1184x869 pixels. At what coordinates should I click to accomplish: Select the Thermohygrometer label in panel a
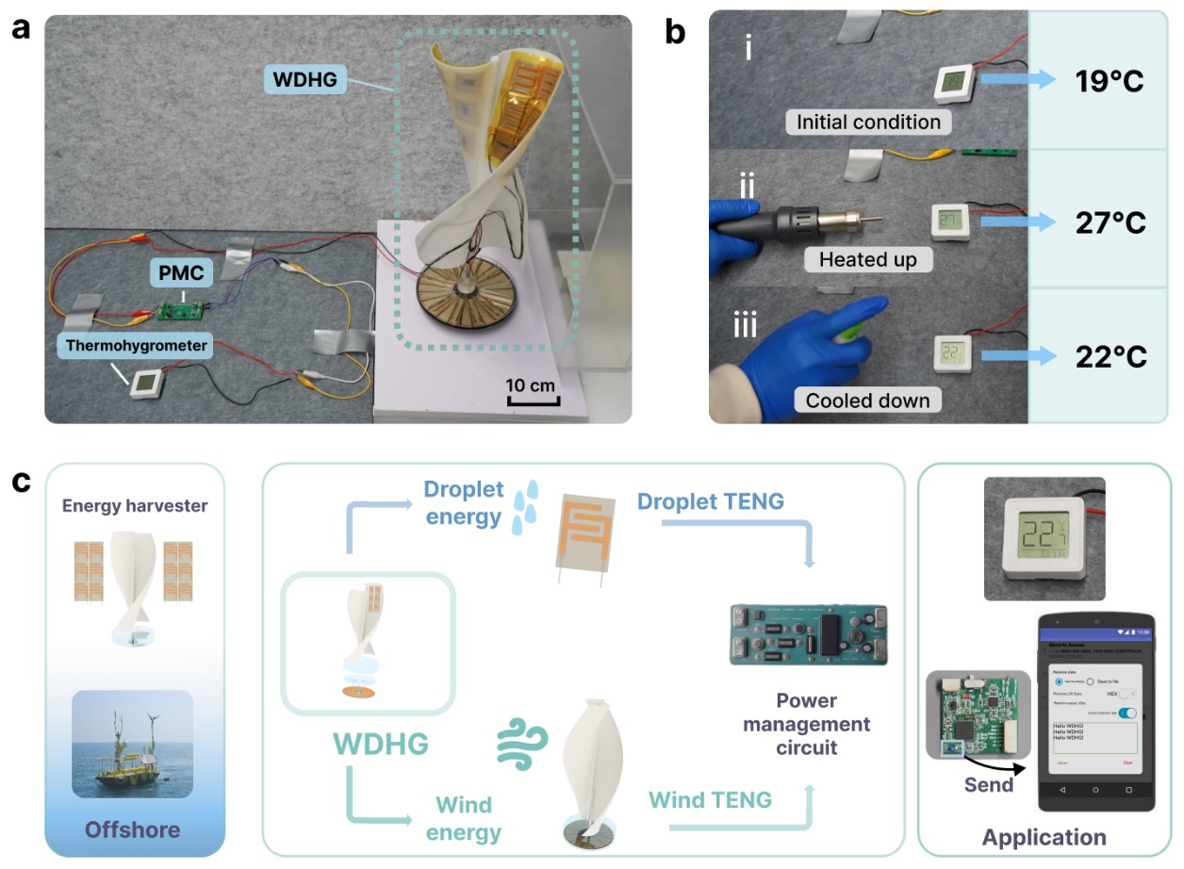pos(137,346)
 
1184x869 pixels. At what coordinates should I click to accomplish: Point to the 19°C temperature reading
pos(1109,81)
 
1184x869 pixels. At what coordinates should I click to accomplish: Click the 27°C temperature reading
pos(1109,222)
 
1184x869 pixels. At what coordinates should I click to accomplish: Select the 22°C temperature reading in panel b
pos(1109,357)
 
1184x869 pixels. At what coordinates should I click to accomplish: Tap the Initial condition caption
pos(868,122)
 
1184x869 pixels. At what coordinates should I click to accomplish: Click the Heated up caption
pos(867,259)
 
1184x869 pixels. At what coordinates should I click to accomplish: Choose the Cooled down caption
pos(867,401)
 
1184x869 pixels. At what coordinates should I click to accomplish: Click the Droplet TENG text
pos(710,501)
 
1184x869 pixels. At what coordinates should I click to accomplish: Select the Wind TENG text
pos(710,800)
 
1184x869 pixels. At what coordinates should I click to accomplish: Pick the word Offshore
pos(132,829)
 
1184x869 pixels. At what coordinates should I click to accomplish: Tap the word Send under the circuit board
pos(988,784)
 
